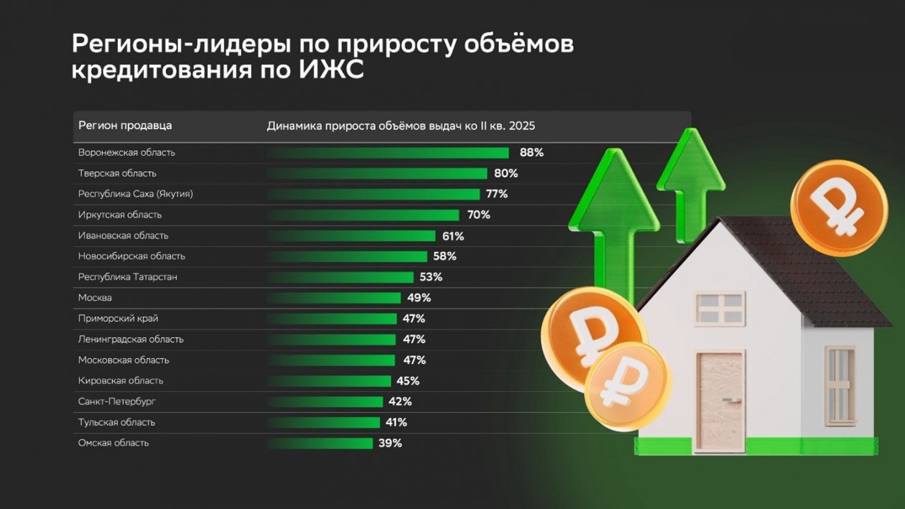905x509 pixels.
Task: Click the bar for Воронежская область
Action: pos(388,153)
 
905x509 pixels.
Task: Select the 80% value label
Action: pos(506,173)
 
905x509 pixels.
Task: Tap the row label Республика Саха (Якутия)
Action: pos(135,194)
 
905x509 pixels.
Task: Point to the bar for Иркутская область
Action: pos(363,215)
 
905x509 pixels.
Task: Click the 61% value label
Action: pos(452,235)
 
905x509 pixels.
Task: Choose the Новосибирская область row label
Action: pos(131,256)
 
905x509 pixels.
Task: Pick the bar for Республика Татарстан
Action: pos(340,277)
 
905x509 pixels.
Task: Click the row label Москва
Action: pos(95,298)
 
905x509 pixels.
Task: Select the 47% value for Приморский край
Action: pos(414,319)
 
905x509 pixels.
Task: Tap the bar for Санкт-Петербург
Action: pos(325,402)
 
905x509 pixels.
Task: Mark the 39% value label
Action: pos(390,444)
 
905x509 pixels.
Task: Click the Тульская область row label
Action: pos(116,423)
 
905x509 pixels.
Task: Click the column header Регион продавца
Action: pos(125,126)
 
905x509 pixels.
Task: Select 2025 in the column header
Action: pos(522,126)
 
